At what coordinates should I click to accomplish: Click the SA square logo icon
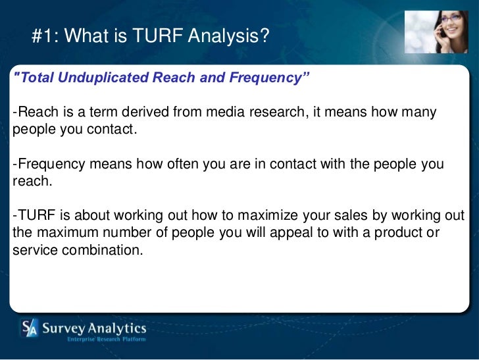click(29, 328)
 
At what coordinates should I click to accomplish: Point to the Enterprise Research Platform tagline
click(106, 340)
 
